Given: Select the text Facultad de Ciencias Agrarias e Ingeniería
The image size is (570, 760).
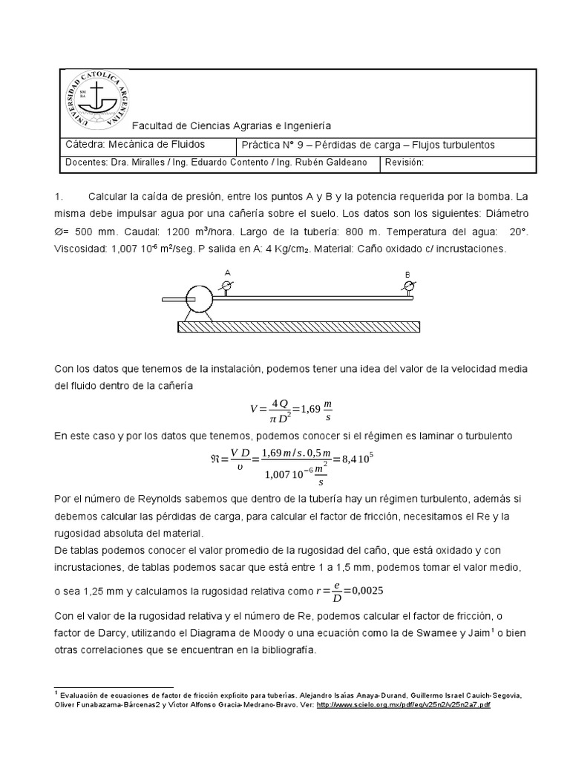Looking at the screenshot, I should [x=232, y=127].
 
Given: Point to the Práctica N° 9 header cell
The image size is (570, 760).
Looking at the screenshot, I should [x=367, y=145].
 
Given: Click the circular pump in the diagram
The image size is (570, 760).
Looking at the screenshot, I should [x=199, y=299].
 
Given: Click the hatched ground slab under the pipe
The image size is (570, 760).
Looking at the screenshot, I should [x=298, y=327].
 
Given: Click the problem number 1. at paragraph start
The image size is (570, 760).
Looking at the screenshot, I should [x=60, y=197].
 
